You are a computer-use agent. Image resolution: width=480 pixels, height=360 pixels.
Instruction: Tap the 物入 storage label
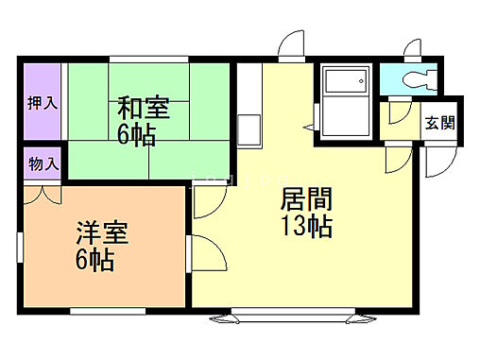[43, 163]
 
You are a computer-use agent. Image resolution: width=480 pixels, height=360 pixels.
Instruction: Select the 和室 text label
[145, 108]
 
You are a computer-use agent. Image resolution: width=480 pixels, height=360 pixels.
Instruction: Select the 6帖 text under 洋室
[94, 259]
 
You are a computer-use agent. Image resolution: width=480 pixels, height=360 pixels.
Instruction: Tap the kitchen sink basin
[249, 128]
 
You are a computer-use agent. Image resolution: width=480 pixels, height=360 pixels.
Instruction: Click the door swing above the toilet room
[413, 50]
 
